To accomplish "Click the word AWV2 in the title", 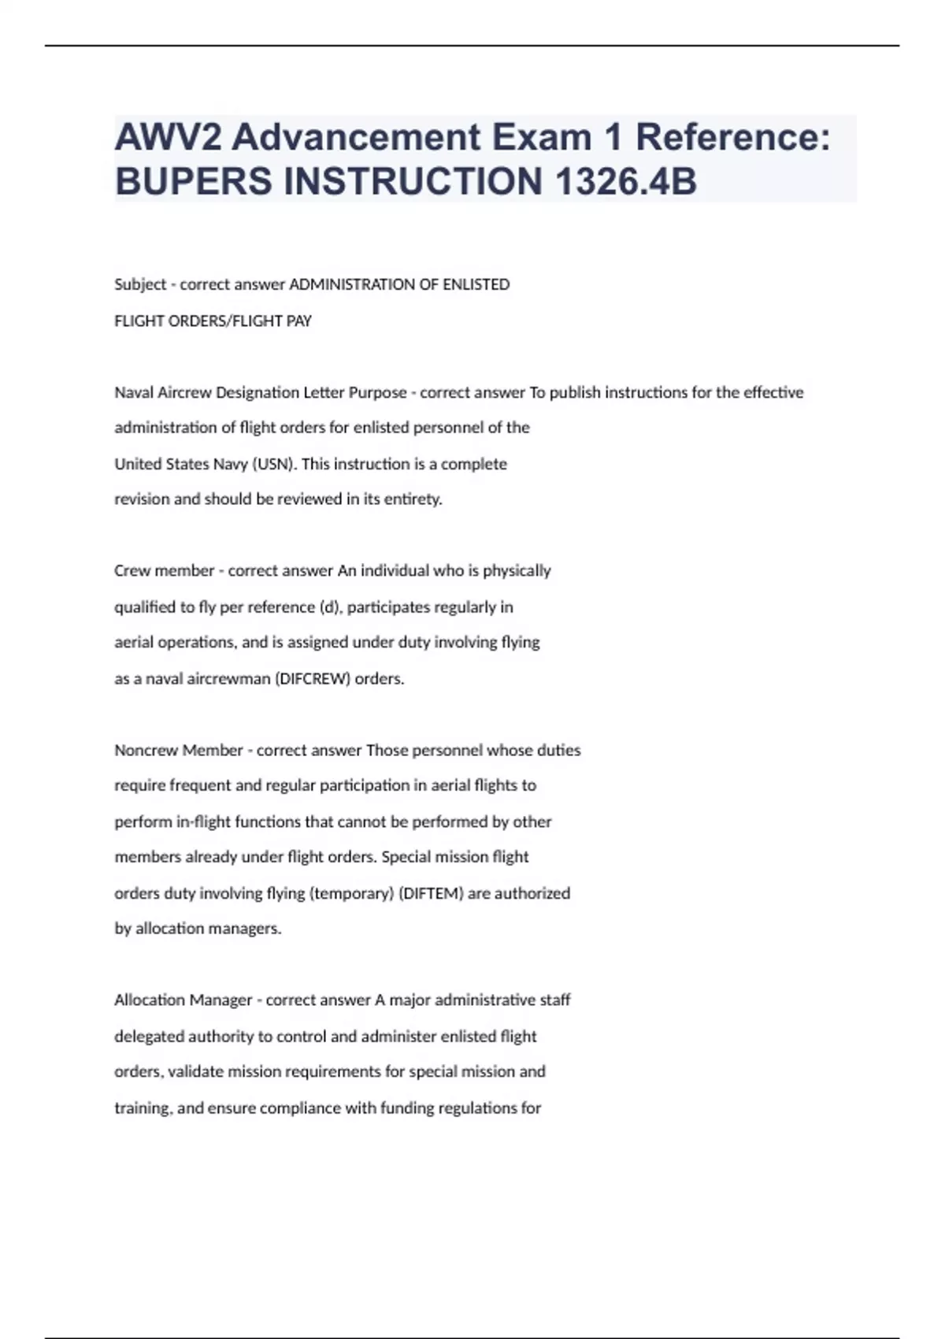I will (x=166, y=137).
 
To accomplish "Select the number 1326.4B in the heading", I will (x=626, y=181).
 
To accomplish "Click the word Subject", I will (x=140, y=284).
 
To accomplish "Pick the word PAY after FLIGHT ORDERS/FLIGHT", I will (x=299, y=321).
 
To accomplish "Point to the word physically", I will (x=517, y=570).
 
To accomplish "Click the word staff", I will (x=555, y=1000).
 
